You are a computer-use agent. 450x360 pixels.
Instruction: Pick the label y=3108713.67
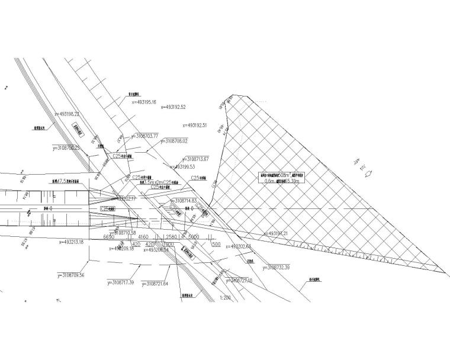point(197,159)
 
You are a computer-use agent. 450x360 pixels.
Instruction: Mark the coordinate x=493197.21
point(278,234)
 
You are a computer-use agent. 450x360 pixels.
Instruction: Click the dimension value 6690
point(108,237)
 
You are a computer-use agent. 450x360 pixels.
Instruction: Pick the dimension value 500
point(216,243)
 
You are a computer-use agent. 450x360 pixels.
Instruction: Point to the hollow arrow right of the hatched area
point(368,174)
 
